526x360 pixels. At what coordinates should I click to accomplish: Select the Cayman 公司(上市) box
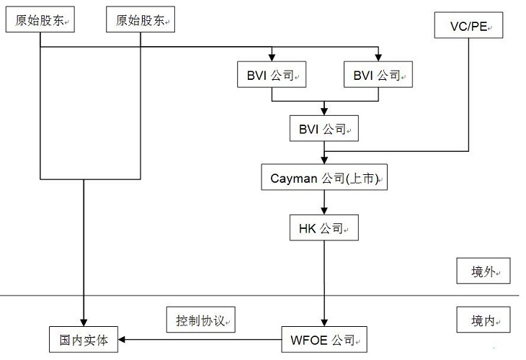[324, 177]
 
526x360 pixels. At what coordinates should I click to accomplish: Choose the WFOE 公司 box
[324, 338]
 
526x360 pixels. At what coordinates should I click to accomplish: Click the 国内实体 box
[84, 338]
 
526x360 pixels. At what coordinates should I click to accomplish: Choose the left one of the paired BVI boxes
[271, 74]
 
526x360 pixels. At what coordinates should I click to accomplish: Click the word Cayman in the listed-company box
[294, 178]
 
